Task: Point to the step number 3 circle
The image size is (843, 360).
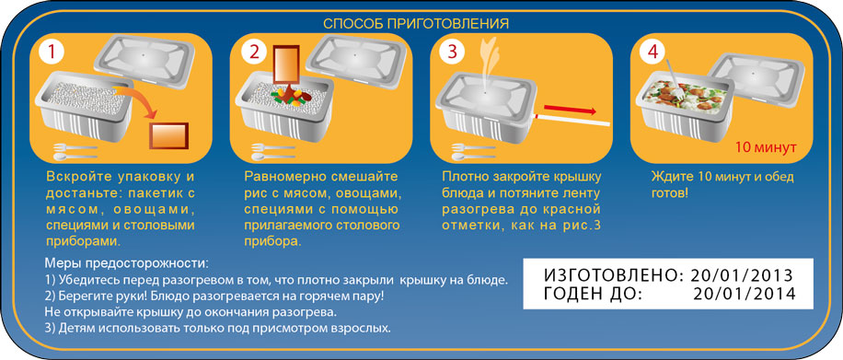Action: pyautogui.click(x=453, y=52)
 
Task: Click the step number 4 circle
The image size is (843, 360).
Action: pyautogui.click(x=652, y=52)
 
